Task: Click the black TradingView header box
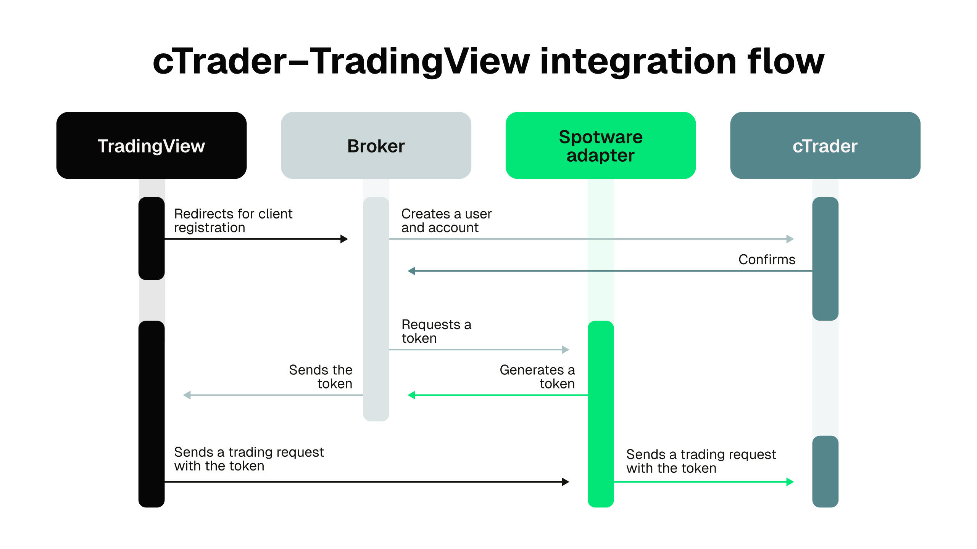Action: tap(151, 145)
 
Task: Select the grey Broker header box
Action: tap(376, 145)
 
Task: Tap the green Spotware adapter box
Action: tap(600, 145)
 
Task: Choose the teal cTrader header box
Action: tap(825, 145)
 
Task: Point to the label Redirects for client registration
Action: tap(233, 220)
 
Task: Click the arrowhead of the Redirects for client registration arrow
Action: tap(344, 239)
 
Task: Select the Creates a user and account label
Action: tap(446, 220)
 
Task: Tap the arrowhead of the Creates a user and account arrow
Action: tap(790, 239)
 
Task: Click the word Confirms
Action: tap(767, 259)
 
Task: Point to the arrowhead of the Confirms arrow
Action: tap(411, 271)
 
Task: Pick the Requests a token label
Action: tap(436, 331)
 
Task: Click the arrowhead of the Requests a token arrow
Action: tap(566, 350)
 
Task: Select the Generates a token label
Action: tap(537, 376)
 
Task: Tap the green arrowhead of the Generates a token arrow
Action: tap(411, 395)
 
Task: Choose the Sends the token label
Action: tap(321, 376)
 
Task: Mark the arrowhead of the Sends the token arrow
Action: tap(187, 395)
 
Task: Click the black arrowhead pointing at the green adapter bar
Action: tap(566, 482)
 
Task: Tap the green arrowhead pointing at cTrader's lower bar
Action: tap(790, 482)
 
